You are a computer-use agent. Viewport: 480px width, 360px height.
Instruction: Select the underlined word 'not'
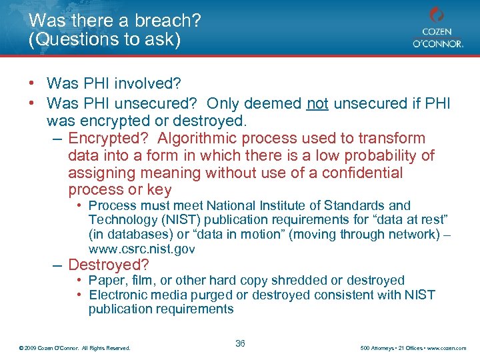coord(317,104)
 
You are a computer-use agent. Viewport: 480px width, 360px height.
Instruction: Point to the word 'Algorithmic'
coord(199,139)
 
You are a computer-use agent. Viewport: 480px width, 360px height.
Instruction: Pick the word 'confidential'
coord(363,173)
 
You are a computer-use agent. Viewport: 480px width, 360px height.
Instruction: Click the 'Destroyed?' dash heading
coord(109,265)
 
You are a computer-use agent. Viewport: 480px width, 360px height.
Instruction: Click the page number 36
coord(240,344)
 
